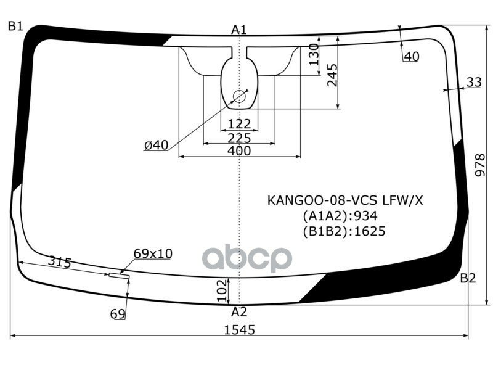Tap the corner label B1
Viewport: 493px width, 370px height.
click(15, 27)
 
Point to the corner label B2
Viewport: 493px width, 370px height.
click(468, 278)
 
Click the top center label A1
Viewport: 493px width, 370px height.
click(239, 29)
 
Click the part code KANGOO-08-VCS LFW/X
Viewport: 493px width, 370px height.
click(346, 200)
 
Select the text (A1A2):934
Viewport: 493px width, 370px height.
click(340, 216)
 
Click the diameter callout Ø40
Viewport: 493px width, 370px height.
click(156, 145)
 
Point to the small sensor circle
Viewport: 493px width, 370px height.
click(238, 96)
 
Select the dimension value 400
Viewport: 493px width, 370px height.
click(239, 150)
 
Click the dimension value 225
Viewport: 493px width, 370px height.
click(239, 137)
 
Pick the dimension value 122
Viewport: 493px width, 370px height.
click(239, 124)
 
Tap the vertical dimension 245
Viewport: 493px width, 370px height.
click(332, 75)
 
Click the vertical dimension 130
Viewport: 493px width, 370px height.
click(313, 55)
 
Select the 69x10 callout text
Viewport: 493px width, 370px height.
click(153, 253)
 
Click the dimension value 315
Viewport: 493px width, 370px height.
click(60, 263)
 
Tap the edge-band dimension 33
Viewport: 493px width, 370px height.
click(474, 82)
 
